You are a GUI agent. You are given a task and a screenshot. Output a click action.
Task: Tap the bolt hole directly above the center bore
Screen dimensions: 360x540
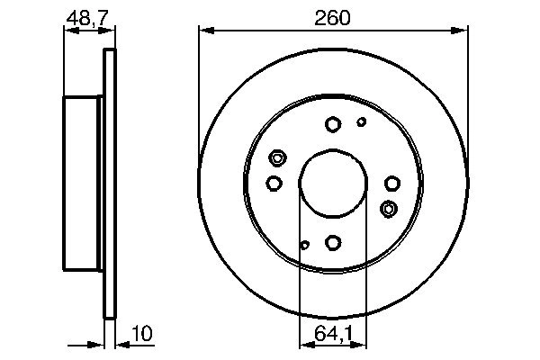(x=333, y=124)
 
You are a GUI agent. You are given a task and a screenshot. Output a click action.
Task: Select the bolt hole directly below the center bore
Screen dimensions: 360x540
(x=333, y=242)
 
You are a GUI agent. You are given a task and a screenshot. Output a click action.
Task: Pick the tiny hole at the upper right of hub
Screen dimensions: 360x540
(x=362, y=122)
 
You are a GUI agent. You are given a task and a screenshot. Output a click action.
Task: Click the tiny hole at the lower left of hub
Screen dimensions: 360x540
(x=305, y=244)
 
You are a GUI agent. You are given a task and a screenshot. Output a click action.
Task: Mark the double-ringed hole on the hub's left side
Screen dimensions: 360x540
(x=277, y=158)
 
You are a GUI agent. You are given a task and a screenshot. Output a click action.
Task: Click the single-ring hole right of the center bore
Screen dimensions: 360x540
(x=391, y=184)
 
